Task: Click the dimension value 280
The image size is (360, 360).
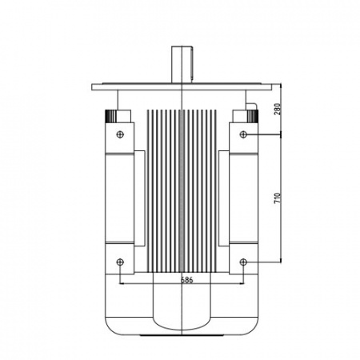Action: point(278,109)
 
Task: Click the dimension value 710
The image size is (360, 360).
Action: point(278,198)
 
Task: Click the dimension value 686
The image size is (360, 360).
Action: point(186,280)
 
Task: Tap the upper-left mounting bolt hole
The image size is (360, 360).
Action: point(120,134)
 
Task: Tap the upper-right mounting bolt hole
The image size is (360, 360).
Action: point(243,134)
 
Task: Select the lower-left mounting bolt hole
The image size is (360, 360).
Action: point(120,262)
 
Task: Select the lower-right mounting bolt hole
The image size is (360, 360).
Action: point(243,262)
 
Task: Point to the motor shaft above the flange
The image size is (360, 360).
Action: point(181,65)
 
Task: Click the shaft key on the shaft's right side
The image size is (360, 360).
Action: point(192,64)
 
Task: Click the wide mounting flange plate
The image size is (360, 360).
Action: point(182,87)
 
